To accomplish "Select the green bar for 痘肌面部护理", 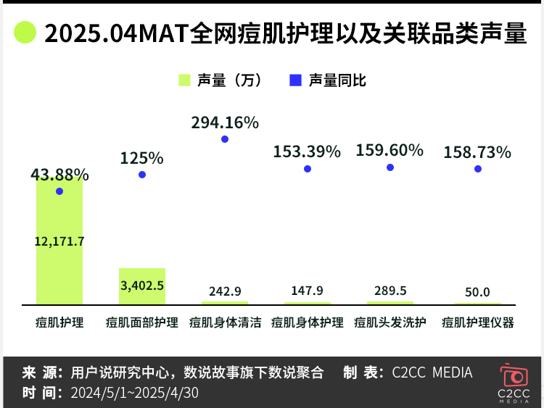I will point(142,286).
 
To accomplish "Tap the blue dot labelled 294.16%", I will point(225,139).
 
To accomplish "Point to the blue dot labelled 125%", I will point(142,175).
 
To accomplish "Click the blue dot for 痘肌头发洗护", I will point(390,167).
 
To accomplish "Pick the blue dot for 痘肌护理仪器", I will point(477,169).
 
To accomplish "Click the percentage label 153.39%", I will point(307,151).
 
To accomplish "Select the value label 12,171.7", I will point(59,241).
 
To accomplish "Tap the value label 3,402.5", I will point(142,285).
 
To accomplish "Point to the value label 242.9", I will point(225,291).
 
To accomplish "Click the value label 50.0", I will point(477,291).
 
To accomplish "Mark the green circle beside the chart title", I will point(25,33).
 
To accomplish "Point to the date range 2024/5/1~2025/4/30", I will point(134,393).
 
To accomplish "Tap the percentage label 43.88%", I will point(59,175).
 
